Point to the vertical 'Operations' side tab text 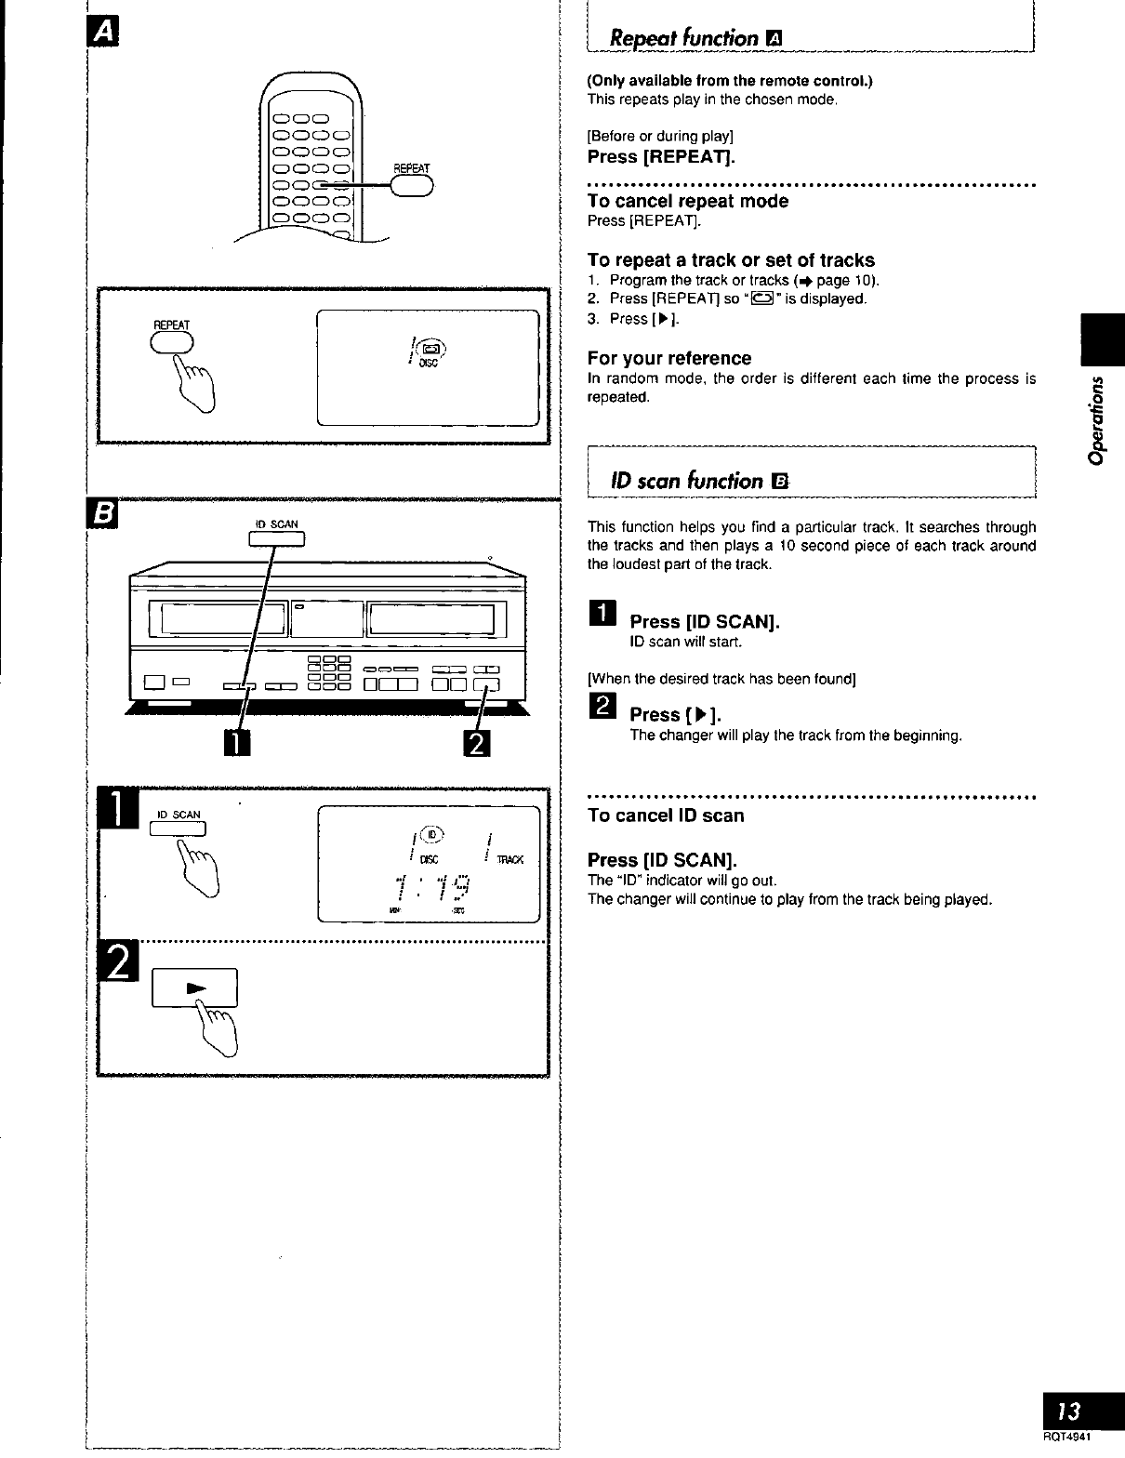(1098, 419)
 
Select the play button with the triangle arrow (195, 987)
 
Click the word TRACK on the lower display (510, 860)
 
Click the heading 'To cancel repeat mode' (687, 201)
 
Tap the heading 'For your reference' (668, 358)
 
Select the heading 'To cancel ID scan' (666, 815)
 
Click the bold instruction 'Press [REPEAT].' (661, 156)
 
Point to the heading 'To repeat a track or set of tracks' (731, 260)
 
